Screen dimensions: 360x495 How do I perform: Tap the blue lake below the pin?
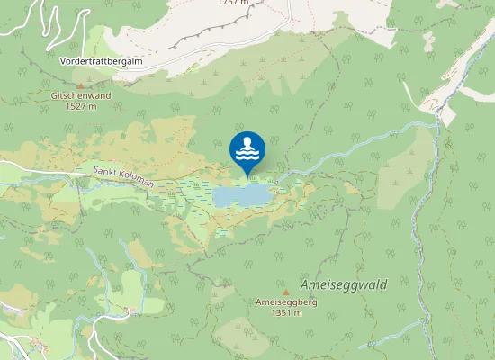(241, 194)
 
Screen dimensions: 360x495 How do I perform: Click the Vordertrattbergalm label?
(101, 61)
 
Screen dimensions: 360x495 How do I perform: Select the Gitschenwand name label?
(80, 95)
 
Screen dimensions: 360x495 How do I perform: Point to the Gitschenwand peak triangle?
(79, 86)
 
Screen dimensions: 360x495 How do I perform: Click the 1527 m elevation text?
(81, 106)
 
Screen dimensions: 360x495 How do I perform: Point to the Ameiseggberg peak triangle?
(285, 292)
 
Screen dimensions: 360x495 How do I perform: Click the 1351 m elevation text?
(284, 312)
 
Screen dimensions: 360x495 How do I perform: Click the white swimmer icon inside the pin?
(247, 148)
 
